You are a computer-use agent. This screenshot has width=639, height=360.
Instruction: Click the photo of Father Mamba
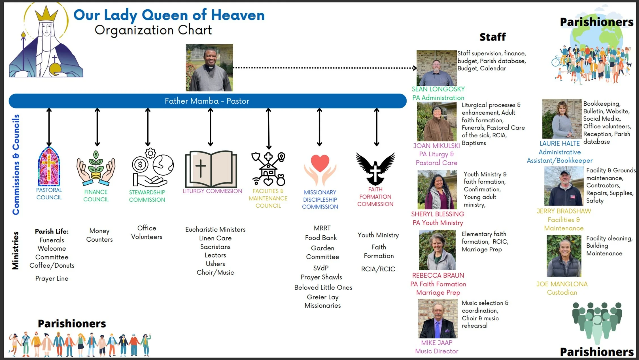click(x=209, y=67)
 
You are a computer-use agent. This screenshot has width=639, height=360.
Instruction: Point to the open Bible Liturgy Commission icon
click(x=211, y=169)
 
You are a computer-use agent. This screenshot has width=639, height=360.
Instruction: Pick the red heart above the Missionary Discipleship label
click(x=320, y=163)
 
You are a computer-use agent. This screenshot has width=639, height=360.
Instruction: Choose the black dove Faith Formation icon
click(x=375, y=168)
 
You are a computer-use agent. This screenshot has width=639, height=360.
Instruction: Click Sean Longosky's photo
click(x=436, y=68)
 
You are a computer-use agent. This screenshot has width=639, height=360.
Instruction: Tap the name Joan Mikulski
click(x=436, y=146)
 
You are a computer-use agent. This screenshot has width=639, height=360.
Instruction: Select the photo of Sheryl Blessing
click(x=437, y=189)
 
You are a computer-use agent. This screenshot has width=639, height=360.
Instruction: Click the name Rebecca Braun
click(x=438, y=275)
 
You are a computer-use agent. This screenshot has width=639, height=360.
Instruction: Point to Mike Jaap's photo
click(x=438, y=319)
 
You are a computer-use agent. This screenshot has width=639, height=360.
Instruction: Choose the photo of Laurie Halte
click(x=562, y=119)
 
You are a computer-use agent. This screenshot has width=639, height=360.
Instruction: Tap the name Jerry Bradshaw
click(x=564, y=211)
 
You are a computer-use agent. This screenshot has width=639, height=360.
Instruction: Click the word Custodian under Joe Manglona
click(x=562, y=293)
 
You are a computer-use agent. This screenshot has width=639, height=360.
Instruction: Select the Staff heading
click(x=492, y=37)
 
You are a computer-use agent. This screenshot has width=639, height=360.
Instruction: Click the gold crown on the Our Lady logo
click(x=46, y=14)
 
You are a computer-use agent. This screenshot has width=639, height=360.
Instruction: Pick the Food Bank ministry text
click(x=321, y=238)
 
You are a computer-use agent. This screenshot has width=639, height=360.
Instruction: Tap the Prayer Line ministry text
click(x=52, y=278)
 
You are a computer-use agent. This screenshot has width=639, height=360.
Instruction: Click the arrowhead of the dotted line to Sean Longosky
click(x=415, y=68)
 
